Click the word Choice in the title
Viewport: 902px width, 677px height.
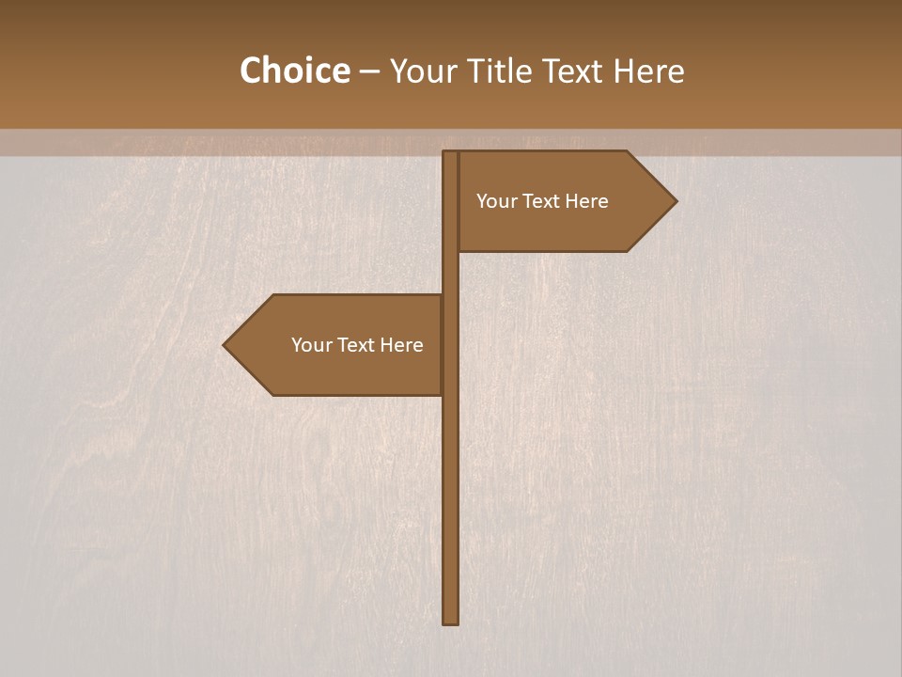(x=294, y=71)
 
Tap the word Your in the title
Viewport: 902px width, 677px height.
(x=420, y=71)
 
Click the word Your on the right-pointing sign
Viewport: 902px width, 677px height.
(x=495, y=201)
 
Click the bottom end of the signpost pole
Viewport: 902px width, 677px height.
(x=451, y=620)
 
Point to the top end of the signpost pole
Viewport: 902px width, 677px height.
(x=451, y=154)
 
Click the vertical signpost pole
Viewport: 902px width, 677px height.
(x=451, y=489)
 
